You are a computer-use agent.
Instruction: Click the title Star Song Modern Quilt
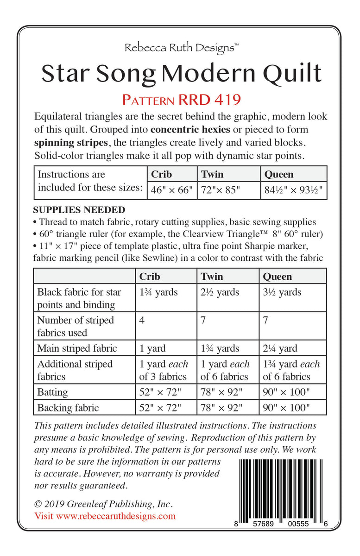click(181, 73)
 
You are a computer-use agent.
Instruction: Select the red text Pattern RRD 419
click(181, 99)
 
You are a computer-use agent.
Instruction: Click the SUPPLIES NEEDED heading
click(79, 210)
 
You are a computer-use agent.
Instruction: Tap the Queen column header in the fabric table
click(278, 276)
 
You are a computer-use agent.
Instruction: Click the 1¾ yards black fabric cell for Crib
click(158, 292)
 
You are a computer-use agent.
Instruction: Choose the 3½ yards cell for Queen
click(282, 292)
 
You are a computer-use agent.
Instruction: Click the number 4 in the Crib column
click(142, 320)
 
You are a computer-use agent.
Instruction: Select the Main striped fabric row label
click(77, 348)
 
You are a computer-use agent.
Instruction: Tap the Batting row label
click(52, 392)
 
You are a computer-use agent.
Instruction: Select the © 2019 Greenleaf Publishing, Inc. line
click(104, 504)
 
